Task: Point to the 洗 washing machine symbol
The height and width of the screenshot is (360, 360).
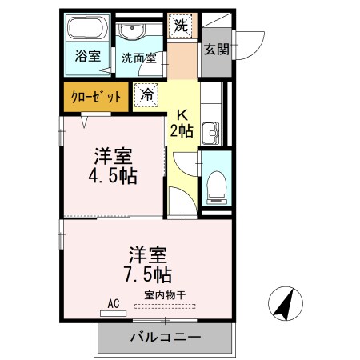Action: pos(182,26)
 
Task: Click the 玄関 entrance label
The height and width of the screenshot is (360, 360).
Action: pos(216,50)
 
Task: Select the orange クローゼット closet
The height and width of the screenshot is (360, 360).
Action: pos(96,97)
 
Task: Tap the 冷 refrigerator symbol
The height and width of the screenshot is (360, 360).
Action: pos(146,94)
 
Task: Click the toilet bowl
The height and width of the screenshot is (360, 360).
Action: pos(215,186)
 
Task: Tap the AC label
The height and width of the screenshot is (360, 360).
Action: pos(113,304)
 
